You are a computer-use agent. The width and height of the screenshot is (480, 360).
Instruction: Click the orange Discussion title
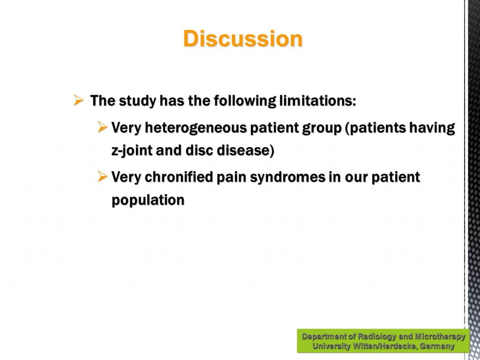click(243, 38)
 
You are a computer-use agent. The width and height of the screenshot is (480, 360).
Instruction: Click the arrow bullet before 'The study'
click(78, 100)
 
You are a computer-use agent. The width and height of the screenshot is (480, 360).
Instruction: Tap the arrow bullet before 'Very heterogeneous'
click(103, 127)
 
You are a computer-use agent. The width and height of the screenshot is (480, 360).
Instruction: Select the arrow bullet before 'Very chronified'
click(103, 176)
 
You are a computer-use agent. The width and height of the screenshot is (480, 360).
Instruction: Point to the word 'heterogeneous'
click(195, 128)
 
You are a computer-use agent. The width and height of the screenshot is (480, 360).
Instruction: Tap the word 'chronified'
click(179, 177)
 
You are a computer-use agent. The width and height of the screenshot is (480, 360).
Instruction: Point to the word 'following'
click(245, 101)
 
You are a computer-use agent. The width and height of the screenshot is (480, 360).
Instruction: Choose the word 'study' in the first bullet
click(137, 101)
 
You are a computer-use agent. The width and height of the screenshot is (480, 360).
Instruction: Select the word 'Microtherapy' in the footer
click(440, 337)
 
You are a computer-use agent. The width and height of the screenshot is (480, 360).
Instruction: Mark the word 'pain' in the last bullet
click(232, 177)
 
